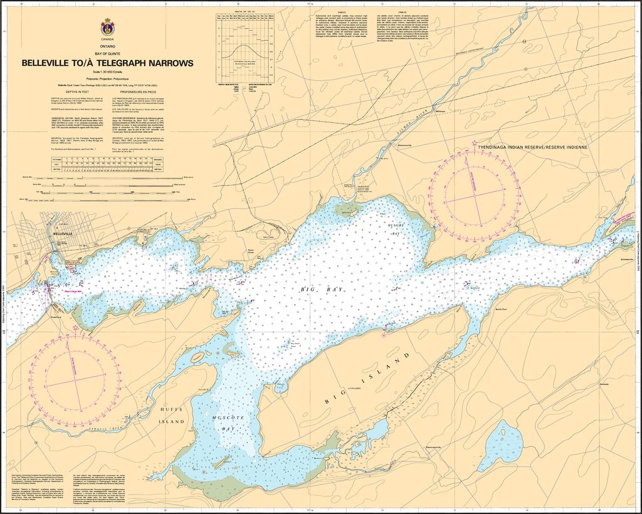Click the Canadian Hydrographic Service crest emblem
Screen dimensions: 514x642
107,27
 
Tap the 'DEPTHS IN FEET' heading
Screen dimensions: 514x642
66,91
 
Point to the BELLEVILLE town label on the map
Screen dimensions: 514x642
64,233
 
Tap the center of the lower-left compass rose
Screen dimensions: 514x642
76,380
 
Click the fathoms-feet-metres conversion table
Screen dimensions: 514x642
107,165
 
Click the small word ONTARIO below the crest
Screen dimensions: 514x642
108,47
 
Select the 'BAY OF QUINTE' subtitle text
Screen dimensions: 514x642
108,55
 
